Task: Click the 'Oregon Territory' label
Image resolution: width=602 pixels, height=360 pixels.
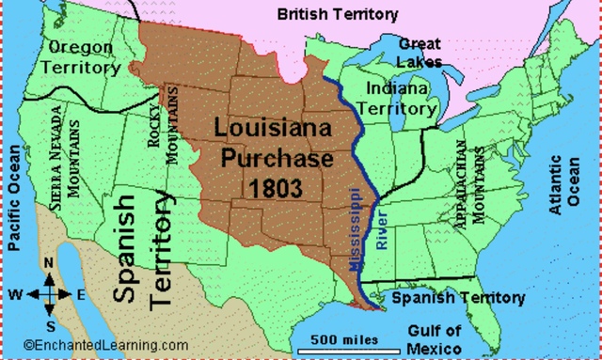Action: [x=84, y=56]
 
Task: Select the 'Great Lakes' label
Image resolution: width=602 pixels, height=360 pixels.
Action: [x=419, y=53]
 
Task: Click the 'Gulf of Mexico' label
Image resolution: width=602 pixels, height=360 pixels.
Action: [x=436, y=338]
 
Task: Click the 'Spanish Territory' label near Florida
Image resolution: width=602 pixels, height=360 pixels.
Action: [x=458, y=298]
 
